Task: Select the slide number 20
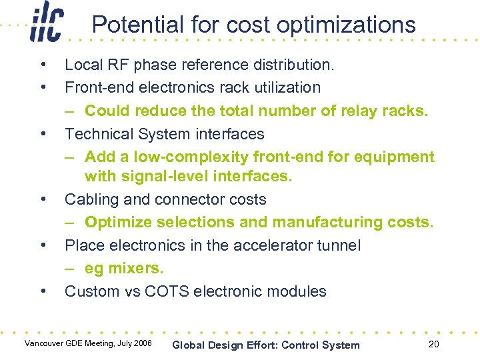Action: pyautogui.click(x=433, y=344)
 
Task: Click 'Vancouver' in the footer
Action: pyautogui.click(x=45, y=343)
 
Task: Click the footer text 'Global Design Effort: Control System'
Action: pyautogui.click(x=265, y=345)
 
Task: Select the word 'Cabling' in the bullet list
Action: pyautogui.click(x=90, y=200)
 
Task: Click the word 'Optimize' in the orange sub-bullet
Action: pyautogui.click(x=117, y=222)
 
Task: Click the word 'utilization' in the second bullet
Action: pyautogui.click(x=284, y=87)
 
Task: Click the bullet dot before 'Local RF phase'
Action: pyautogui.click(x=43, y=65)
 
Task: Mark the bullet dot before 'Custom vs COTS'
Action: pyautogui.click(x=43, y=291)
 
